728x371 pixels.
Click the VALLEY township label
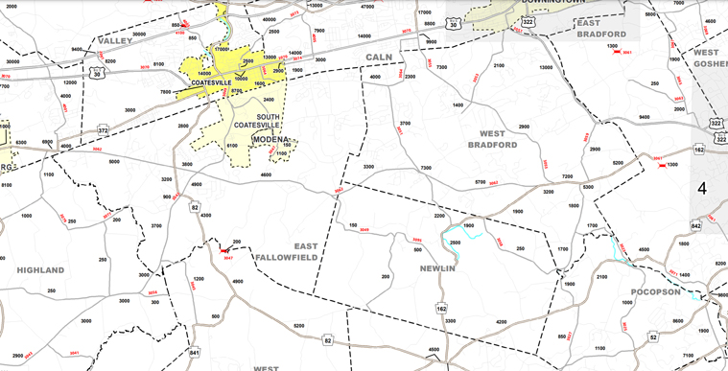(114, 40)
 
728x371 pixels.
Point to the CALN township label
(379, 58)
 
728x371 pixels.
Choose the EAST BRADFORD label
(601, 28)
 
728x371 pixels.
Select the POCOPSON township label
(655, 290)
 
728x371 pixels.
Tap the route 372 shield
(102, 129)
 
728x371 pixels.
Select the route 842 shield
(721, 224)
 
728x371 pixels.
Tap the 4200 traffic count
(501, 322)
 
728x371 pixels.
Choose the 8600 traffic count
(677, 321)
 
